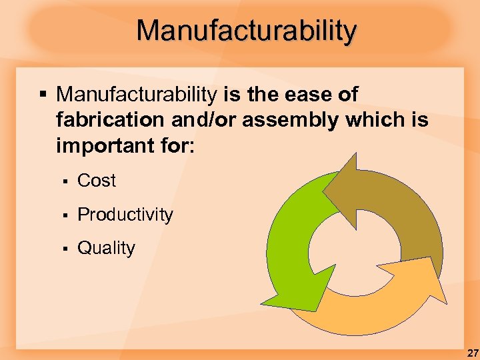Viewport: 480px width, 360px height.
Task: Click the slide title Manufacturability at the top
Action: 247,31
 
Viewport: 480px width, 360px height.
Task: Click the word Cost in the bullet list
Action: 97,181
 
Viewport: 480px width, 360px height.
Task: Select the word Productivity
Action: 125,215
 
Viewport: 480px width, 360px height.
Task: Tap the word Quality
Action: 106,248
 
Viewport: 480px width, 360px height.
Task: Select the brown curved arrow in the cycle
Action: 400,213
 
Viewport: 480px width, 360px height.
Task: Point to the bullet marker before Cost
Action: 65,181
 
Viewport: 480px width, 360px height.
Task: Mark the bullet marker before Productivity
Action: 65,215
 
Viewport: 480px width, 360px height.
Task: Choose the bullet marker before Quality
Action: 65,249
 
